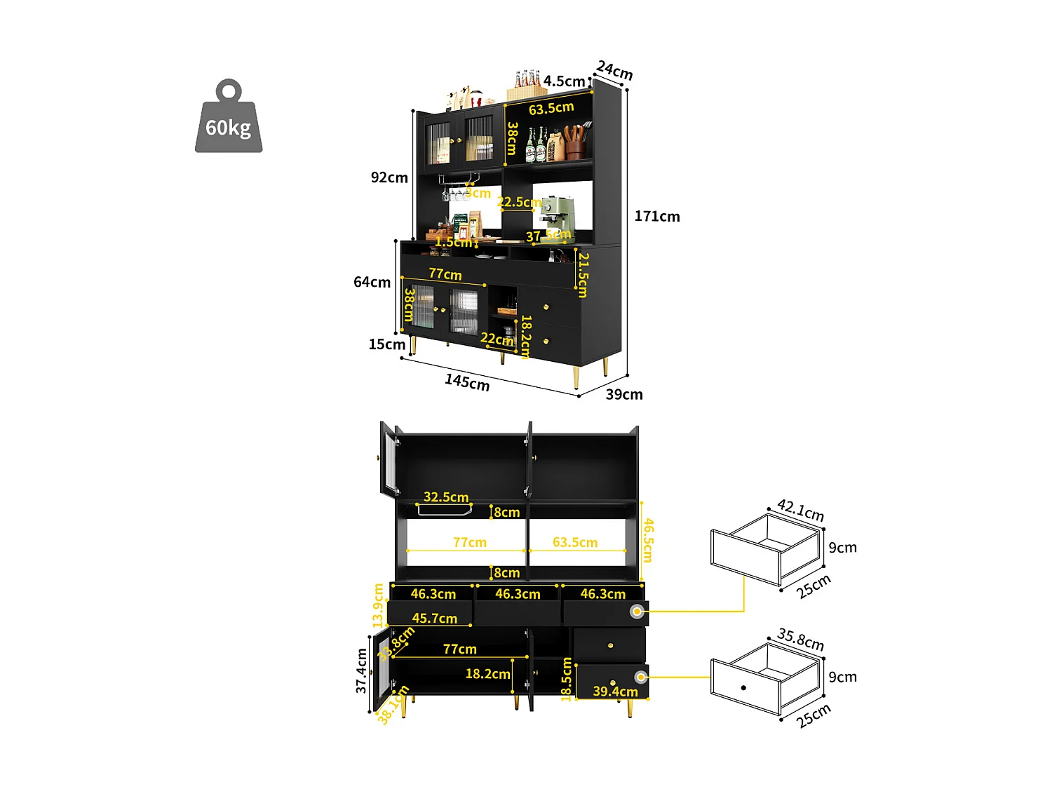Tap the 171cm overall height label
point(657,217)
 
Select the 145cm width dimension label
point(467,382)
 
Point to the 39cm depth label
point(624,395)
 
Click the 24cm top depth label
point(614,71)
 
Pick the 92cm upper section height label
point(389,178)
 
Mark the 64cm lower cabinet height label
point(372,283)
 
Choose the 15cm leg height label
point(386,344)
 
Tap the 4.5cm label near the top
point(564,81)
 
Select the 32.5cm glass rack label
point(446,497)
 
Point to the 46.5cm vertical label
point(649,540)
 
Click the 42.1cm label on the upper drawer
point(800,510)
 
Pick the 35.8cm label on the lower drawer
point(800,640)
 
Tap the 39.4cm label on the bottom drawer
point(615,692)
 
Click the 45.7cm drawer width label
point(434,619)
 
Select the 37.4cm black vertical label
point(361,670)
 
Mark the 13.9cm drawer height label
point(379,605)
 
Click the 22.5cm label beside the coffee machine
point(519,203)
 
